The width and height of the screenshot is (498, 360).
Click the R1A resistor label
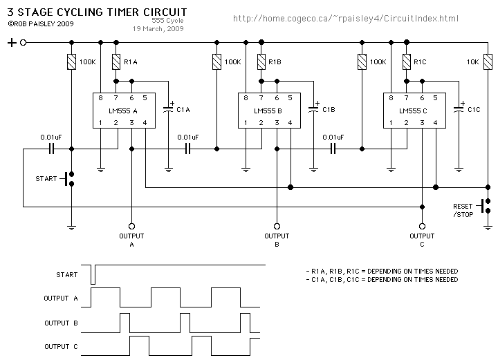pos(131,62)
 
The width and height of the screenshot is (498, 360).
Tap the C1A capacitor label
pos(183,109)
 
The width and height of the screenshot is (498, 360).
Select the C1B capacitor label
pos(329,109)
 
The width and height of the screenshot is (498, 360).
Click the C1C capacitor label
pos(474,109)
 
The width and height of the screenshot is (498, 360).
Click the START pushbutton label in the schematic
pos(46,179)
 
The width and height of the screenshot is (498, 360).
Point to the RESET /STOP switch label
pos(463,210)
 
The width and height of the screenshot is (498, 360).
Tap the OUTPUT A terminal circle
pos(131,226)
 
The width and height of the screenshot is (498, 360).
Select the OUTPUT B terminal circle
pos(277,226)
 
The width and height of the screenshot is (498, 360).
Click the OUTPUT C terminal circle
pos(422,226)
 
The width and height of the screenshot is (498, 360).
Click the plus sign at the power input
pos(12,43)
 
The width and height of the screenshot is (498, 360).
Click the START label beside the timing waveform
pos(66,274)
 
